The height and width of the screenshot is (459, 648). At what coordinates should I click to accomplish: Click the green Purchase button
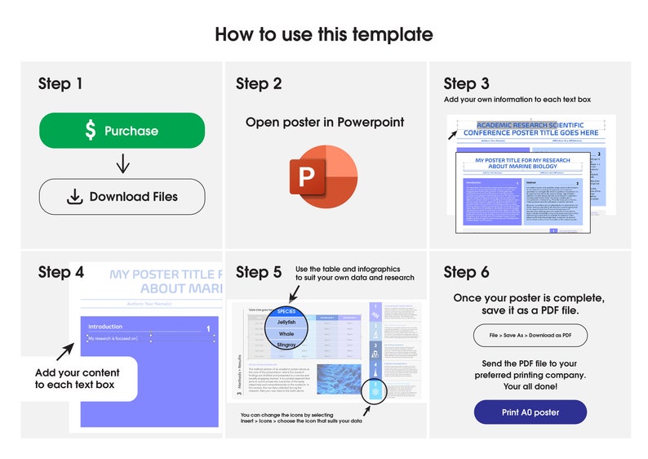122,131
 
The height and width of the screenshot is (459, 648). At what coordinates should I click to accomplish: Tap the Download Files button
122,196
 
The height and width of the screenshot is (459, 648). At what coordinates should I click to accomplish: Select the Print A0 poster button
530,412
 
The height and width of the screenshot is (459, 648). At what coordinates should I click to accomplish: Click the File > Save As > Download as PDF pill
530,336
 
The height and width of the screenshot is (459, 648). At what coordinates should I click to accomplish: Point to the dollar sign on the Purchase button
91,131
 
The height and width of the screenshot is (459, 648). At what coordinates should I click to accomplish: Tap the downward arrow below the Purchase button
122,163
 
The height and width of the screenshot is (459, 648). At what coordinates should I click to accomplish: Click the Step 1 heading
60,84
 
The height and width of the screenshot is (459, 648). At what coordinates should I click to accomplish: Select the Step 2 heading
259,84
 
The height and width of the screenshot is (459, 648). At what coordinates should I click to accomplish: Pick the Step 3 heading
466,84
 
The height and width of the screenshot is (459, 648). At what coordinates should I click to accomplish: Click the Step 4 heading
60,273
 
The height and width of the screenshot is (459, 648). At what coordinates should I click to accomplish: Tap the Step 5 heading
259,273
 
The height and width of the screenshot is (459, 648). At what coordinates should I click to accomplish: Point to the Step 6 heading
466,273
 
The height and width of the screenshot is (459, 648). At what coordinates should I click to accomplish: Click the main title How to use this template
324,34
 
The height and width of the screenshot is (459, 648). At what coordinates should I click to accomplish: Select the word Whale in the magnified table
286,334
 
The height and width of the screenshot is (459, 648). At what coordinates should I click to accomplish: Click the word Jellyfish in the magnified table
286,323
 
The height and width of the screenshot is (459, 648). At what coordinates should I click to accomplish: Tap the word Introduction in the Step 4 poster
104,326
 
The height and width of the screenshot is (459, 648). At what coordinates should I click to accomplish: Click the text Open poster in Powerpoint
324,123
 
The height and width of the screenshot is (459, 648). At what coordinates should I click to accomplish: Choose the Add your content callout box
78,379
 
